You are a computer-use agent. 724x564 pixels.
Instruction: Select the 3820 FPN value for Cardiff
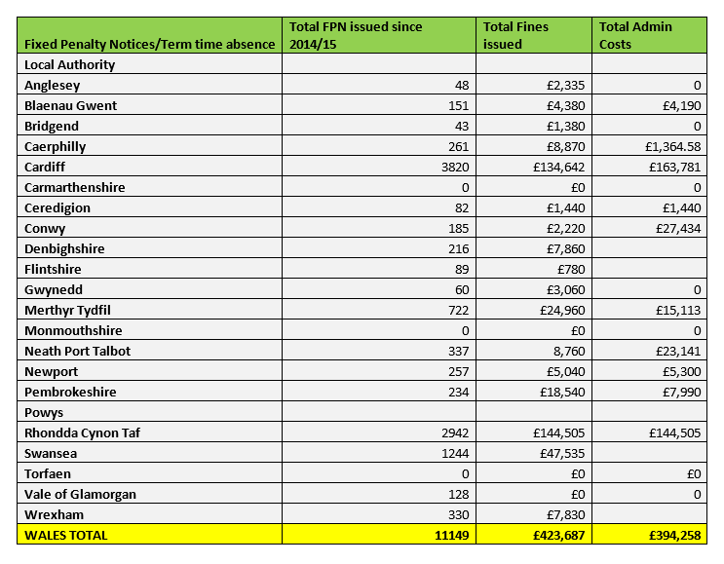tap(453, 167)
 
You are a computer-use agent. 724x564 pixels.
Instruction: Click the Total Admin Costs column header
tap(635, 35)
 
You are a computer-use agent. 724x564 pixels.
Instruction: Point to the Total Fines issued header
tap(516, 35)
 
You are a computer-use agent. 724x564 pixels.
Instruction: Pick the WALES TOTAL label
tap(66, 535)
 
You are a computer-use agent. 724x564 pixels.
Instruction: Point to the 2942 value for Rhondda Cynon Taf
tap(453, 432)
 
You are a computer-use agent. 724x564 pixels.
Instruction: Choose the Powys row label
tap(43, 412)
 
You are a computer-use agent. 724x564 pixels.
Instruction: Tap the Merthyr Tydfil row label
tap(66, 310)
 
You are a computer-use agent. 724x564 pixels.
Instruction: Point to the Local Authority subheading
tap(69, 64)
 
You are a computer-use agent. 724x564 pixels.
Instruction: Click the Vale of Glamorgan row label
tap(80, 494)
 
